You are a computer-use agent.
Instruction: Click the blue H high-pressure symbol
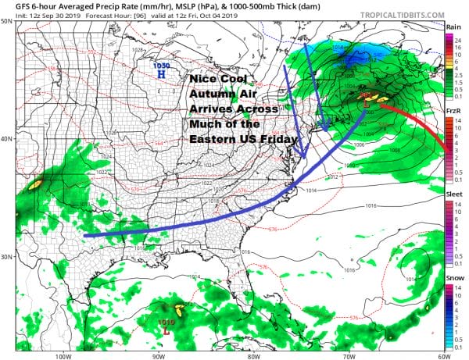[161, 76]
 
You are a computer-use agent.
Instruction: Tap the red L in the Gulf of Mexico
[167, 330]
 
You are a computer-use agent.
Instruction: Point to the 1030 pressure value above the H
[161, 66]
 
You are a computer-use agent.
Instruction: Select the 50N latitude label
[6, 21]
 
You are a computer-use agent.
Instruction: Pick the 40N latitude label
[6, 139]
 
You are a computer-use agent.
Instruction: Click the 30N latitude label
[6, 256]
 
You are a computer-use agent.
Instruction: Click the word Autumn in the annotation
[214, 93]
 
